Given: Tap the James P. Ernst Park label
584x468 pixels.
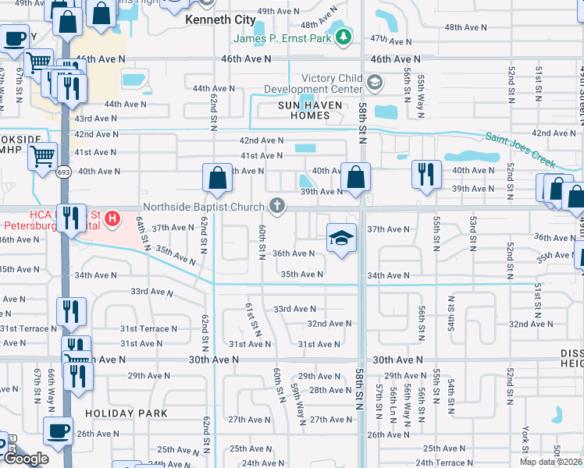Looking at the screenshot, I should point(280,38).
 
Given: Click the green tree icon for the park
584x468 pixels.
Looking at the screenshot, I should point(343,37).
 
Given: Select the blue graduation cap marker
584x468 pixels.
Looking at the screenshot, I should point(340,238).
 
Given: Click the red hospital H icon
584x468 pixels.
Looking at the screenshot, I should point(112,218).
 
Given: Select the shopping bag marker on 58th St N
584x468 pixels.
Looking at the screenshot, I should point(356,177).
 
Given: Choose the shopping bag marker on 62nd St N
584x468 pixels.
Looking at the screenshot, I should point(217,177).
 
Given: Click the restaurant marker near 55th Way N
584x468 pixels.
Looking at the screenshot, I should point(426,175).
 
